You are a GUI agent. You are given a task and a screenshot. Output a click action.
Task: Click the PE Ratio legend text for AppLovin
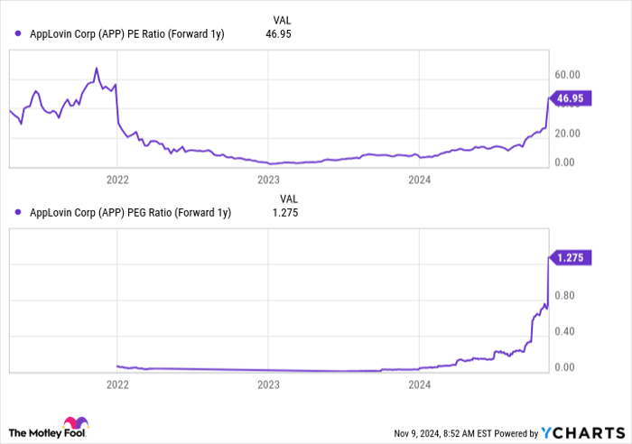[126, 33]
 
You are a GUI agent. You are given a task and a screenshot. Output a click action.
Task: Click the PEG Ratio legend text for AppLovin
[130, 213]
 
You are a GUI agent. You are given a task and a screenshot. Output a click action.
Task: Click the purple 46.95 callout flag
[572, 98]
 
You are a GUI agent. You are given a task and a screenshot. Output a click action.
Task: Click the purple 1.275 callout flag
[572, 257]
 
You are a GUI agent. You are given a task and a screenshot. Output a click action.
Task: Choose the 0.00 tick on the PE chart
[565, 162]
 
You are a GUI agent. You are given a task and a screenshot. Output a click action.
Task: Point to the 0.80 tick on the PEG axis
[565, 294]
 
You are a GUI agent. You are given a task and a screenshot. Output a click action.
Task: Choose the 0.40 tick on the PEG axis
[565, 330]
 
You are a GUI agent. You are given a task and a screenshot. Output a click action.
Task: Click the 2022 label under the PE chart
[117, 180]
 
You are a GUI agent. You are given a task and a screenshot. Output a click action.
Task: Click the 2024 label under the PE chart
[419, 180]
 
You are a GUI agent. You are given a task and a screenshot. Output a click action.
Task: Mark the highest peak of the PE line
[97, 68]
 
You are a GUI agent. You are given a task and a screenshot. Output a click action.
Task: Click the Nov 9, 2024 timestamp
[432, 432]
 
